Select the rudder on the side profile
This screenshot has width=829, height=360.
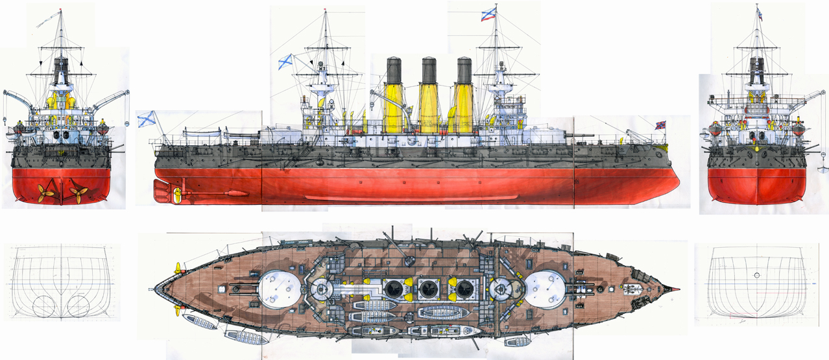point(161,190)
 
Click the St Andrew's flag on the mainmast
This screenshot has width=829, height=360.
point(285,62)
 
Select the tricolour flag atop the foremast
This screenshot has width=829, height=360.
point(490,14)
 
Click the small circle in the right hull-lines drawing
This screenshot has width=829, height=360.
point(757,276)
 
